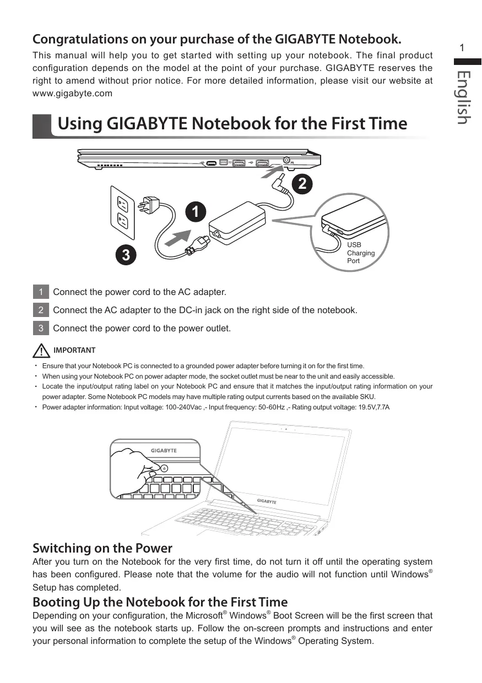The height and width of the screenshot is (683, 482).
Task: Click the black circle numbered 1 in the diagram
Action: [196, 211]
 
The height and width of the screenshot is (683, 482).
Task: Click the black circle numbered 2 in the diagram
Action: [302, 184]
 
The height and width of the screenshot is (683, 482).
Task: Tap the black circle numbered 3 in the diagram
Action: [126, 255]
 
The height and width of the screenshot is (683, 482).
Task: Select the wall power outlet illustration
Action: [123, 212]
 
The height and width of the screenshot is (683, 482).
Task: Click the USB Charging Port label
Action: [360, 253]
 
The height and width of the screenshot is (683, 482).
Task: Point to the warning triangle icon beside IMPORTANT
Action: [41, 351]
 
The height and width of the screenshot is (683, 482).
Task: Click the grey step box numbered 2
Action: [41, 310]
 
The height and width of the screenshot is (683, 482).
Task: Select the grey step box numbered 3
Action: [41, 328]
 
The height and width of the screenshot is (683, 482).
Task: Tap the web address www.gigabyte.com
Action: [72, 94]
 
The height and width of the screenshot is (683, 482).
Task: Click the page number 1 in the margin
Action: [462, 48]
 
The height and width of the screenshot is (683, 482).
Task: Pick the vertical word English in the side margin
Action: [463, 97]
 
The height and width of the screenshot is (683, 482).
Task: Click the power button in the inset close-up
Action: [164, 468]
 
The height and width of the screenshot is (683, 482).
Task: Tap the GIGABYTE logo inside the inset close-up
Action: [164, 450]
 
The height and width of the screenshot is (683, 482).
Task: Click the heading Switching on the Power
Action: [102, 548]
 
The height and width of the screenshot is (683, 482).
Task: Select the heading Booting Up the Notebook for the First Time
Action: [160, 602]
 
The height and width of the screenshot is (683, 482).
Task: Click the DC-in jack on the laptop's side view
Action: [286, 160]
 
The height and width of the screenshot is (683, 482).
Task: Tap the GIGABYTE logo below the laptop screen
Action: [267, 501]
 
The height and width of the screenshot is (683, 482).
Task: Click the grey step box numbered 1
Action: [41, 292]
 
